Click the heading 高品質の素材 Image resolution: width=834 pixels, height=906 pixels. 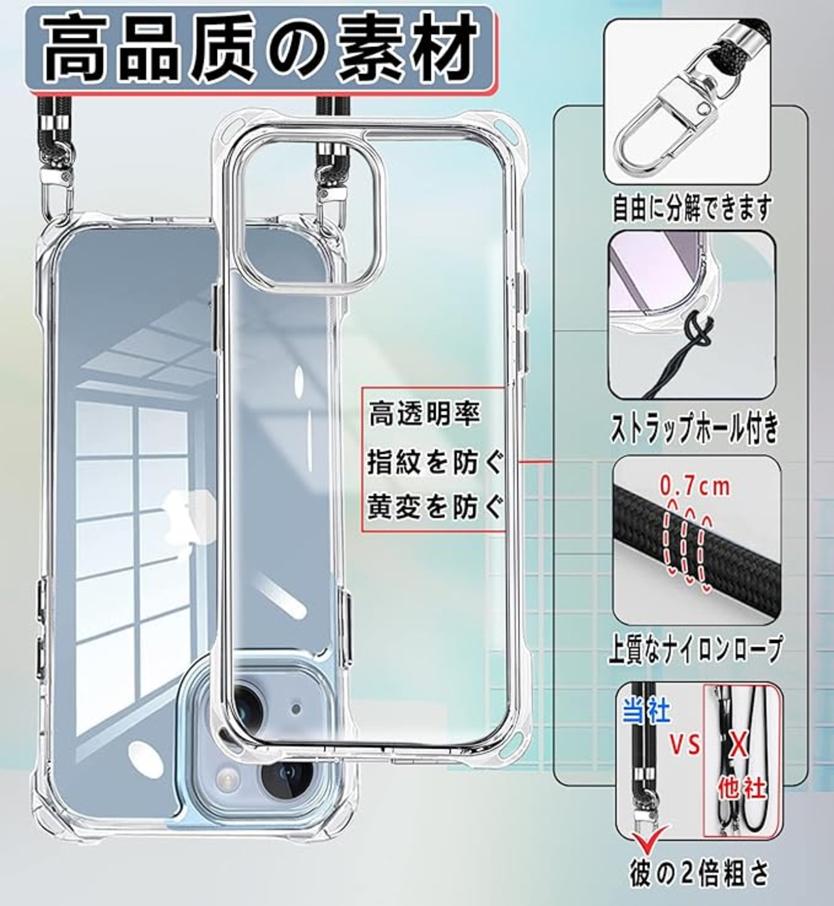(x=259, y=50)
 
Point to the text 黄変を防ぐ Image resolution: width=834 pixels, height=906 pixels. (x=435, y=507)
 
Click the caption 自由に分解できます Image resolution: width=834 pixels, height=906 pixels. (x=691, y=208)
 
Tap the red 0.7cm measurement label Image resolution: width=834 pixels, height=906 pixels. (x=695, y=487)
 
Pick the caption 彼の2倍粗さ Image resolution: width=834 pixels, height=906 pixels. (x=699, y=872)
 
